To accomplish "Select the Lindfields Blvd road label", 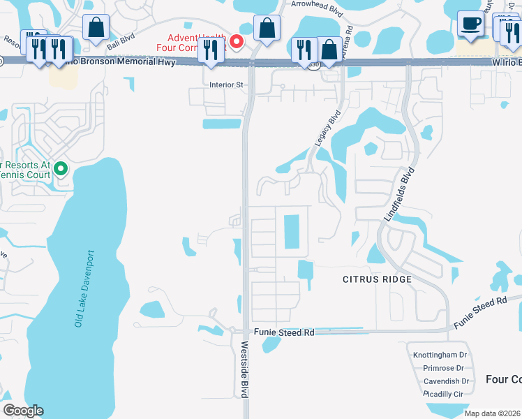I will tap(399, 195).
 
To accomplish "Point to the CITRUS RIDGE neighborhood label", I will tap(377, 279).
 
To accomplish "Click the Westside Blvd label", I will tap(245, 369).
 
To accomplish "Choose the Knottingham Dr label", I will tap(440, 355).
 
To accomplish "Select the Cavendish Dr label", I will tap(447, 381).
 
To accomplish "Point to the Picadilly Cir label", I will tap(444, 395).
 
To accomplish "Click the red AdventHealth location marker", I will tap(237, 42).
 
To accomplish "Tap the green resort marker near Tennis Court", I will tap(61, 168).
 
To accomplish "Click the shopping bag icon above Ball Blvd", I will tap(96, 29).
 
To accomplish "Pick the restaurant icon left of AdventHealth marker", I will tap(209, 50).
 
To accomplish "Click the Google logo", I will tap(23, 411).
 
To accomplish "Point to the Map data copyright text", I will tap(491, 413).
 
